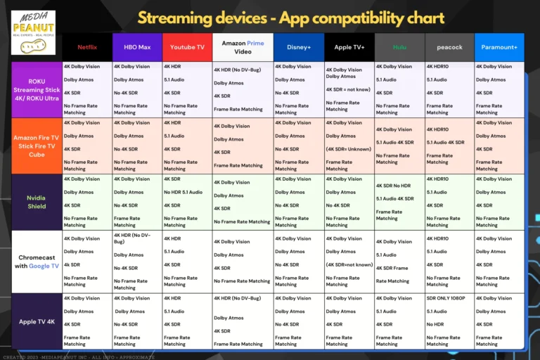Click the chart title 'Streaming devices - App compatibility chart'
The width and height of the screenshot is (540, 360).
click(x=290, y=18)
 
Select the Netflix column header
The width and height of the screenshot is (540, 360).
click(x=86, y=47)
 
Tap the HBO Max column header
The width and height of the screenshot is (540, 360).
click(x=136, y=47)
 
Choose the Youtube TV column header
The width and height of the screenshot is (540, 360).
click(x=186, y=47)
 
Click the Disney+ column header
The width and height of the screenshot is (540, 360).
click(x=298, y=47)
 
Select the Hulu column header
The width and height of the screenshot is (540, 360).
click(x=399, y=47)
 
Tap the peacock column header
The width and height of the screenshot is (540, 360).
click(x=449, y=47)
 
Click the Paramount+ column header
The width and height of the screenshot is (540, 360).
click(x=499, y=47)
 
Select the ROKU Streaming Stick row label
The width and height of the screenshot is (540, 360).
click(x=37, y=90)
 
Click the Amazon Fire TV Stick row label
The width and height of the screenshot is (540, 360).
click(x=37, y=146)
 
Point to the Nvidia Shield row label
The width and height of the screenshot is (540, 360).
click(x=37, y=202)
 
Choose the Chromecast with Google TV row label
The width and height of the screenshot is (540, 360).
click(x=37, y=262)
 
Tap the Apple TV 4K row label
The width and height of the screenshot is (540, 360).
click(x=37, y=321)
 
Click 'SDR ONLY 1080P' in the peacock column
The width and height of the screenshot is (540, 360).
click(x=446, y=298)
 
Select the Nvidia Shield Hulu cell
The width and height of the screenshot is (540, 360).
click(x=399, y=202)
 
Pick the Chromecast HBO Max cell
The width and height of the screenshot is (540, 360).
click(x=136, y=262)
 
